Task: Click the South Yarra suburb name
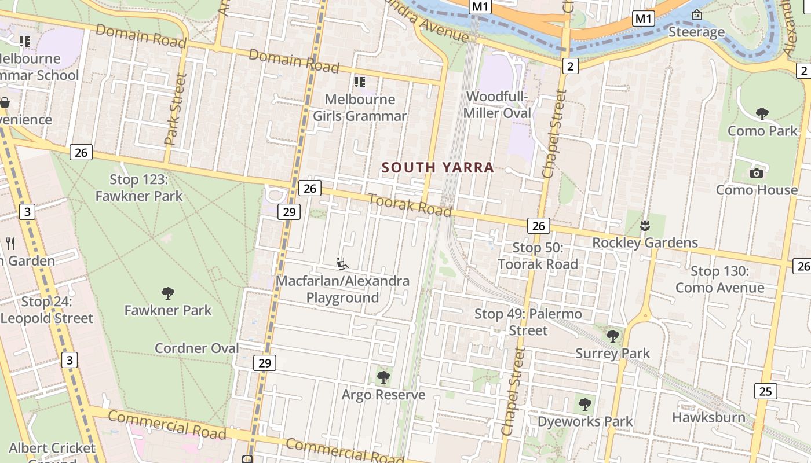pos(438,168)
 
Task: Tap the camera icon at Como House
pos(756,173)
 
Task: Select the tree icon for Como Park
pos(762,114)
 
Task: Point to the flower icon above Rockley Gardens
pos(644,225)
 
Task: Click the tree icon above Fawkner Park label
pos(168,293)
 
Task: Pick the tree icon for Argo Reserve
pos(383,378)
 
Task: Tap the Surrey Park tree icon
pos(612,336)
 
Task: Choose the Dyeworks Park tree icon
pos(585,404)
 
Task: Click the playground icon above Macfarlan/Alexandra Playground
pos(342,264)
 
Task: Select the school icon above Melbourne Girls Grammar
pos(360,82)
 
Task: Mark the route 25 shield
pos(765,391)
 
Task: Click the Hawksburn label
pos(708,417)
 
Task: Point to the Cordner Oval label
pos(197,348)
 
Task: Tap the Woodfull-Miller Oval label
pos(498,105)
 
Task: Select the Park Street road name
pos(176,109)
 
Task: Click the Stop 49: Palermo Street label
pos(528,322)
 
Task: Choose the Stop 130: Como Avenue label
pos(719,280)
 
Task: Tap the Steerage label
pos(696,32)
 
